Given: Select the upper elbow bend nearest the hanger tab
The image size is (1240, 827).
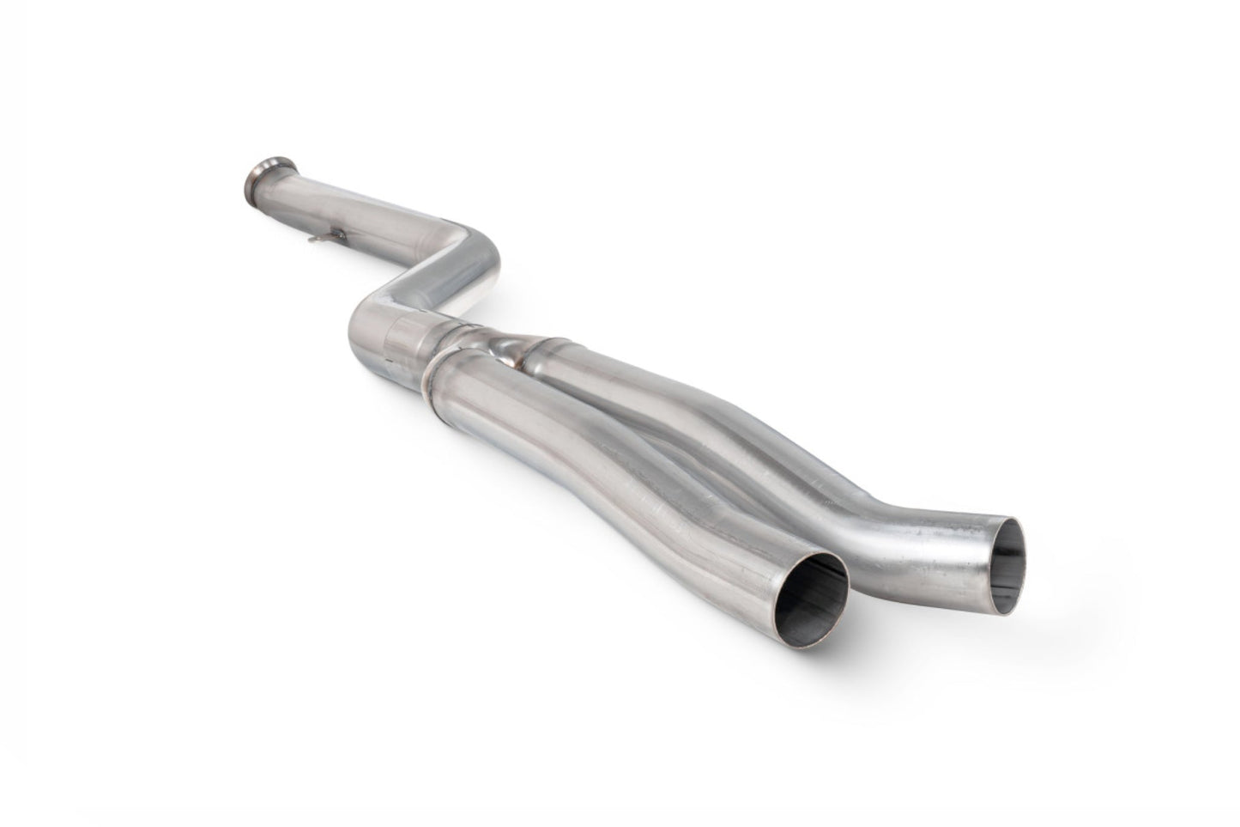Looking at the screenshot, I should pos(468,245).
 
